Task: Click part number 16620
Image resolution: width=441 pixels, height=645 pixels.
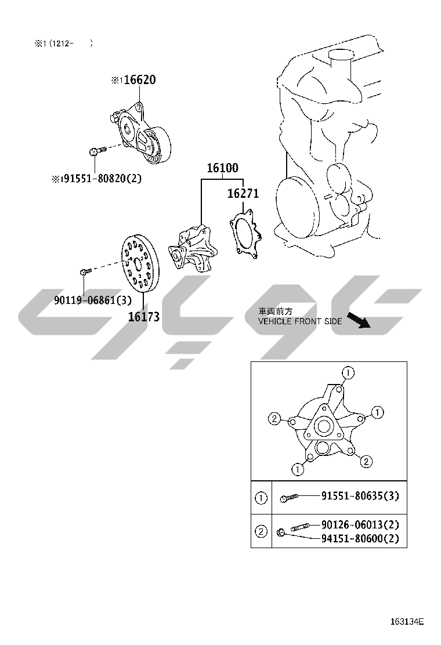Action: pos(140,79)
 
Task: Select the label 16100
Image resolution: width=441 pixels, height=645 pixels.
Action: pos(223,168)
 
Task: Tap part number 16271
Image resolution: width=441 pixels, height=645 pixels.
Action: pos(243,193)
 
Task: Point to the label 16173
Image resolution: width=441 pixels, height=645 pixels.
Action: pos(144,316)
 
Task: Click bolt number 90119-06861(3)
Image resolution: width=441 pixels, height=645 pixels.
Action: pos(93,300)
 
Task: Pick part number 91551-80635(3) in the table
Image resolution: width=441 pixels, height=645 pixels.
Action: pos(360,496)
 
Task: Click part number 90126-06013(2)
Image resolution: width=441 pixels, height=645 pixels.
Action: pos(360,524)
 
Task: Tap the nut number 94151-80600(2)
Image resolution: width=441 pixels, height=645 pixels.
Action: pos(360,538)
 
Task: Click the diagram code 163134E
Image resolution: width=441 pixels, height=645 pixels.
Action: pos(407,621)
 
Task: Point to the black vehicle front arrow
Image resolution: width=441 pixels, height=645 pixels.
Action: pos(359,320)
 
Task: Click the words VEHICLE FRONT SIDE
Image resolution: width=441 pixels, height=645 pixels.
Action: pos(300,321)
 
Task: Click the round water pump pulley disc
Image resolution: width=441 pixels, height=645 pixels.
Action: pos(140,263)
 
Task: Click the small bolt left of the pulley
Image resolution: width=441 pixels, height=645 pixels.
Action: pos(85,271)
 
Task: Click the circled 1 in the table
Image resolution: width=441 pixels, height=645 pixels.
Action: pos(261,498)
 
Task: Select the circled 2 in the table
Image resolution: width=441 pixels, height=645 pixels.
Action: pos(261,531)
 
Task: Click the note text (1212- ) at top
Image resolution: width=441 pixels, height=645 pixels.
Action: pos(71,43)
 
